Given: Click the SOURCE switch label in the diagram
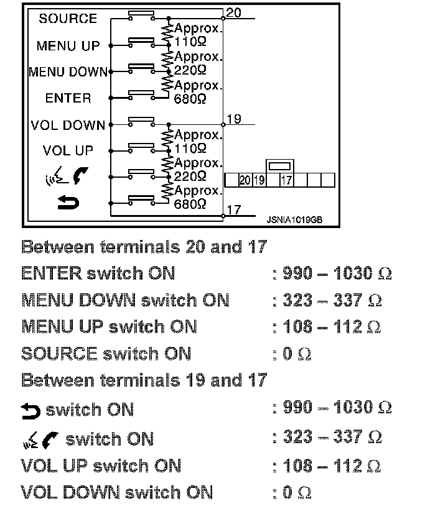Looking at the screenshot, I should point(68,19).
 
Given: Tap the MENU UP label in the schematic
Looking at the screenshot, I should point(68,46).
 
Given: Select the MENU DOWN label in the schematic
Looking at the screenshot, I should point(68,72).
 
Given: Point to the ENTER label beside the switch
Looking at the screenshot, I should point(68,98).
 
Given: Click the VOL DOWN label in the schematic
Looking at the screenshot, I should point(68,126).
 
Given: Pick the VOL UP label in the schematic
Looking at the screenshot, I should point(68,150).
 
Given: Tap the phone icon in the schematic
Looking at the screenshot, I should point(80,177).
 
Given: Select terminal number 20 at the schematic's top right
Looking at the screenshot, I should point(233,12).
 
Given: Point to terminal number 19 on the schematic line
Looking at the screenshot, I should point(233,119).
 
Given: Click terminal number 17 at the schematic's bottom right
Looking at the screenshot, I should point(233,210).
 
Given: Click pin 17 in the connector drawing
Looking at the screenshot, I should point(286,180).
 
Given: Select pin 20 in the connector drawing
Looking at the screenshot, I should point(245,180).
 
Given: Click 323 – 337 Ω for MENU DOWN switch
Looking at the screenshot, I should point(332,301).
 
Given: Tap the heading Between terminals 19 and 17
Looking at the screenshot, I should point(144,380).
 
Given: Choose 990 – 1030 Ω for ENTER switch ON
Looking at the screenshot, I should point(337,273).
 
